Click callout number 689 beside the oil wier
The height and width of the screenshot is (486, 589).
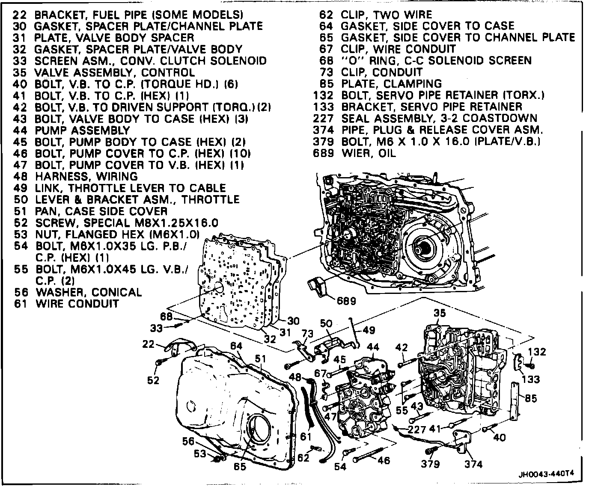[346, 301]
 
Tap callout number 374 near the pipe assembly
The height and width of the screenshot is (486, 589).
[473, 464]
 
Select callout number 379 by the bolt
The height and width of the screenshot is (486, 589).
[430, 464]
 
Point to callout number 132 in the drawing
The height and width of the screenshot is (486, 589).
[537, 352]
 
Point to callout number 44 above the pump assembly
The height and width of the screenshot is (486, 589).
[373, 347]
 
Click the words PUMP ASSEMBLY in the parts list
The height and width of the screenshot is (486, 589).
[82, 130]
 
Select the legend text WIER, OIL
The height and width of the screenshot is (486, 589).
[369, 153]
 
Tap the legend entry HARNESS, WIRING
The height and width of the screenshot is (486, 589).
[86, 176]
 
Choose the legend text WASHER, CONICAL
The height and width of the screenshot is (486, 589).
[88, 292]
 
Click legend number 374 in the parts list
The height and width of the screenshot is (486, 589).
[323, 130]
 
